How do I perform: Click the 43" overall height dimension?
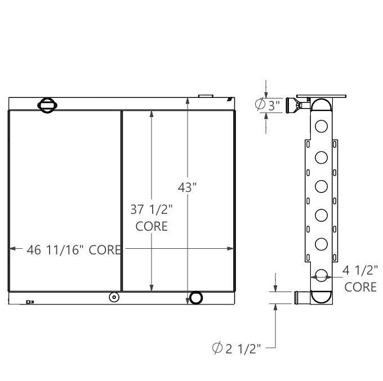tap(186, 188)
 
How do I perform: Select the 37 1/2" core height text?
tap(152, 210)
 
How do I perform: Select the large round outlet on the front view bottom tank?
tap(197, 298)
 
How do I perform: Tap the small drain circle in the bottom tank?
tap(114, 297)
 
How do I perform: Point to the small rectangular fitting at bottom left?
tap(30, 302)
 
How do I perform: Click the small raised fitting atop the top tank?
tap(207, 96)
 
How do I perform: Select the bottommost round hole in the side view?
tap(322, 275)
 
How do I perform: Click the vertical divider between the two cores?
tap(122, 200)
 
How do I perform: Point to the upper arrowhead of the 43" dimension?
tap(188, 101)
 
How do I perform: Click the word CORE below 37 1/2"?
tap(152, 227)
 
